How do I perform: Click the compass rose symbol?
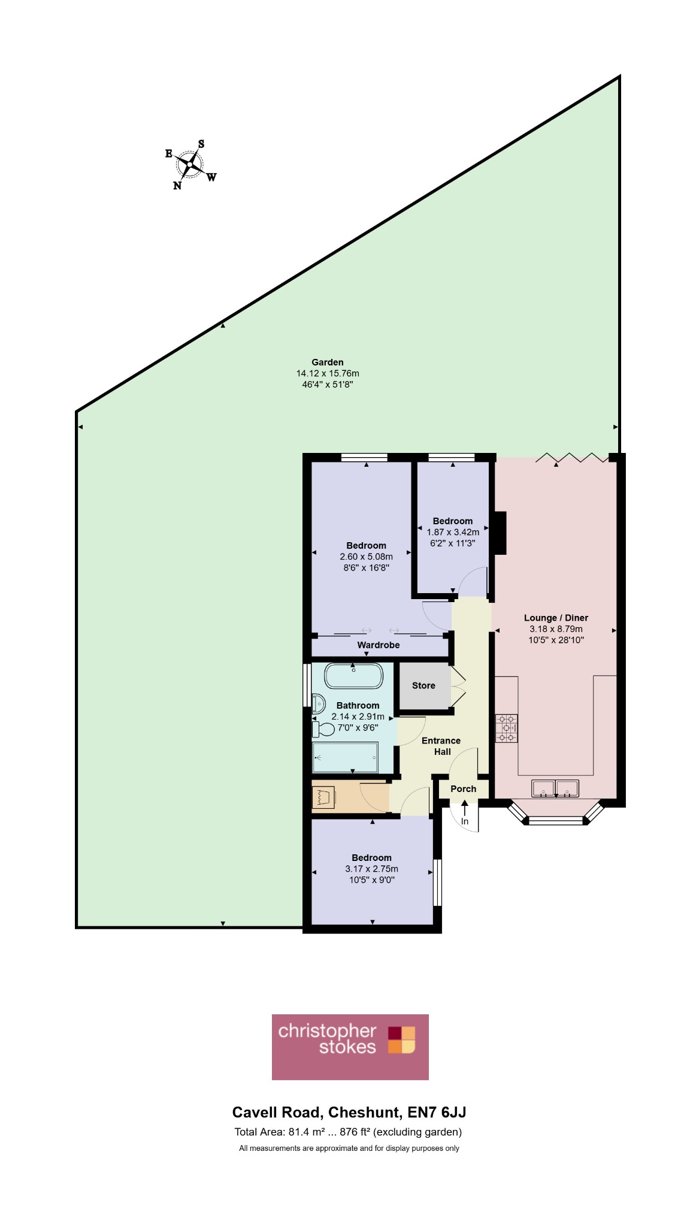pyautogui.click(x=190, y=165)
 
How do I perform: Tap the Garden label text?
pyautogui.click(x=328, y=362)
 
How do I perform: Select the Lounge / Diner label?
pyautogui.click(x=556, y=618)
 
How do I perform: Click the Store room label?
pyautogui.click(x=423, y=685)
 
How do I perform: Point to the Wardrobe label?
pyautogui.click(x=379, y=645)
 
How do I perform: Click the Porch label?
pyautogui.click(x=464, y=789)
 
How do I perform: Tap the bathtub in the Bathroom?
pyautogui.click(x=353, y=676)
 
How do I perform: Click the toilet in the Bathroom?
pyautogui.click(x=323, y=729)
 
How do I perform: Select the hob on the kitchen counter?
pyautogui.click(x=506, y=729)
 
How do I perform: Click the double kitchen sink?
pyautogui.click(x=555, y=788)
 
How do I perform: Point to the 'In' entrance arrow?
pyautogui.click(x=465, y=808)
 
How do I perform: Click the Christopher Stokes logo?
pyautogui.click(x=350, y=1047)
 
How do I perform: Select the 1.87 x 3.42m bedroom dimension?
pyautogui.click(x=453, y=532)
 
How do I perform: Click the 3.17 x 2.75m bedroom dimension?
pyautogui.click(x=371, y=869)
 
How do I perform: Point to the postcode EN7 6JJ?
pyautogui.click(x=437, y=1113)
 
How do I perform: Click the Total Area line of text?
pyautogui.click(x=348, y=1132)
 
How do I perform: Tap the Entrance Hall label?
pyautogui.click(x=441, y=746)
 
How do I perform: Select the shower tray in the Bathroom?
pyautogui.click(x=346, y=757)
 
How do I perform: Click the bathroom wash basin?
pyautogui.click(x=317, y=702)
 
